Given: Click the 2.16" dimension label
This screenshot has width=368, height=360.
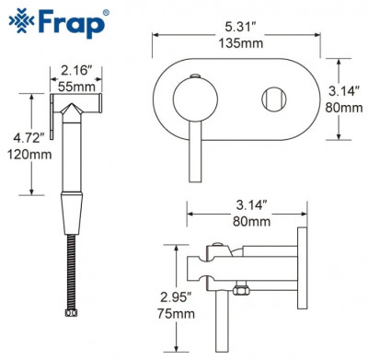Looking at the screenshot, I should tap(75, 70).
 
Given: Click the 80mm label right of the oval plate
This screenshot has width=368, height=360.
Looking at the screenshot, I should tap(346, 107).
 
